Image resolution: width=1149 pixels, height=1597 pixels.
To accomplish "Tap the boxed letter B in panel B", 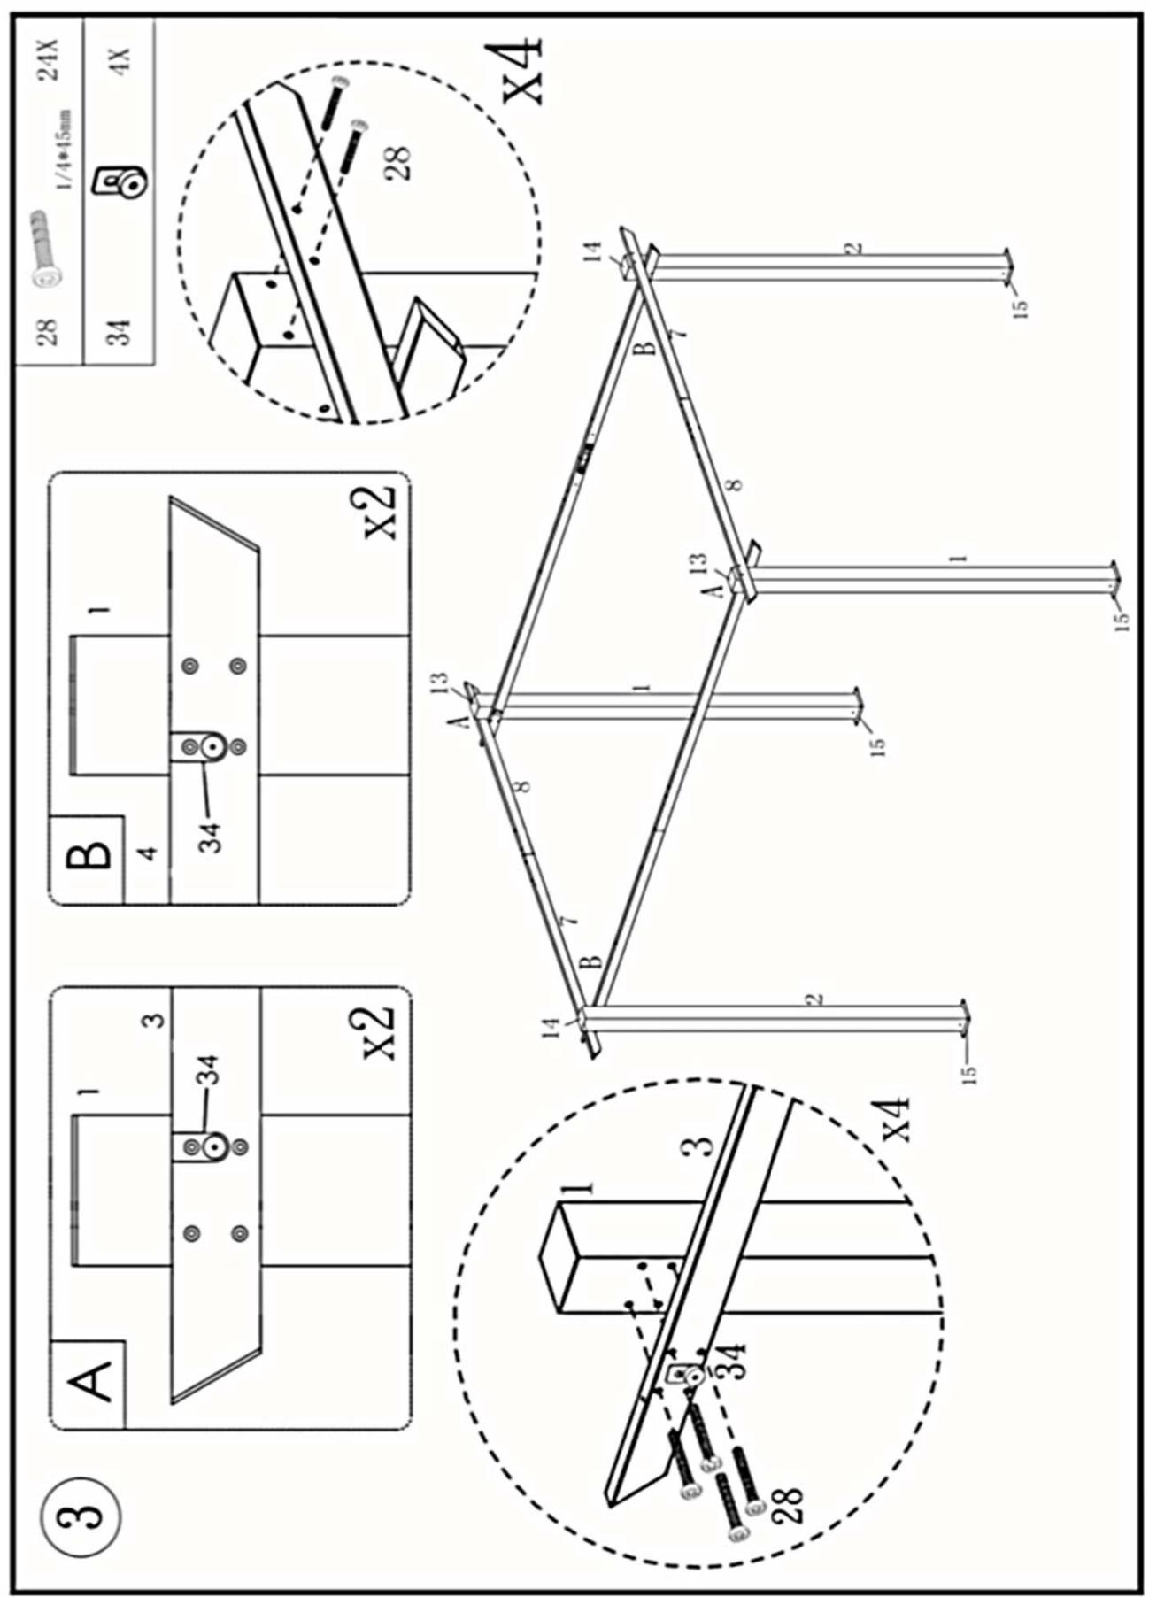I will pos(89,854).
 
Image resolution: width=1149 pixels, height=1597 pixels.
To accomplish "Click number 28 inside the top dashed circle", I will pos(399,163).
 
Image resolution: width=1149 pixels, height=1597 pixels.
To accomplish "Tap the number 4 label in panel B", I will pos(148,853).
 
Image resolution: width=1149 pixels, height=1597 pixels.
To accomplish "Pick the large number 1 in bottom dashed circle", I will pos(580,1187).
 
